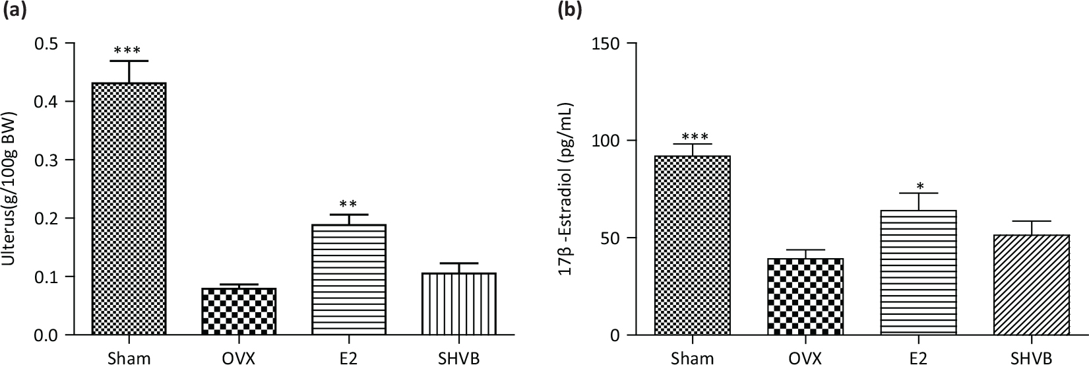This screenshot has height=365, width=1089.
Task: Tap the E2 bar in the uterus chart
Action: [349, 279]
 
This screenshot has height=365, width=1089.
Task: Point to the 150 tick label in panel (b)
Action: [607, 44]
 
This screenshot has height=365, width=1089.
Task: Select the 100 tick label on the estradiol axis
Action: [607, 141]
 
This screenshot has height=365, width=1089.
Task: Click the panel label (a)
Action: [14, 11]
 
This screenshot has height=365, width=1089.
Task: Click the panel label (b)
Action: [572, 11]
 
